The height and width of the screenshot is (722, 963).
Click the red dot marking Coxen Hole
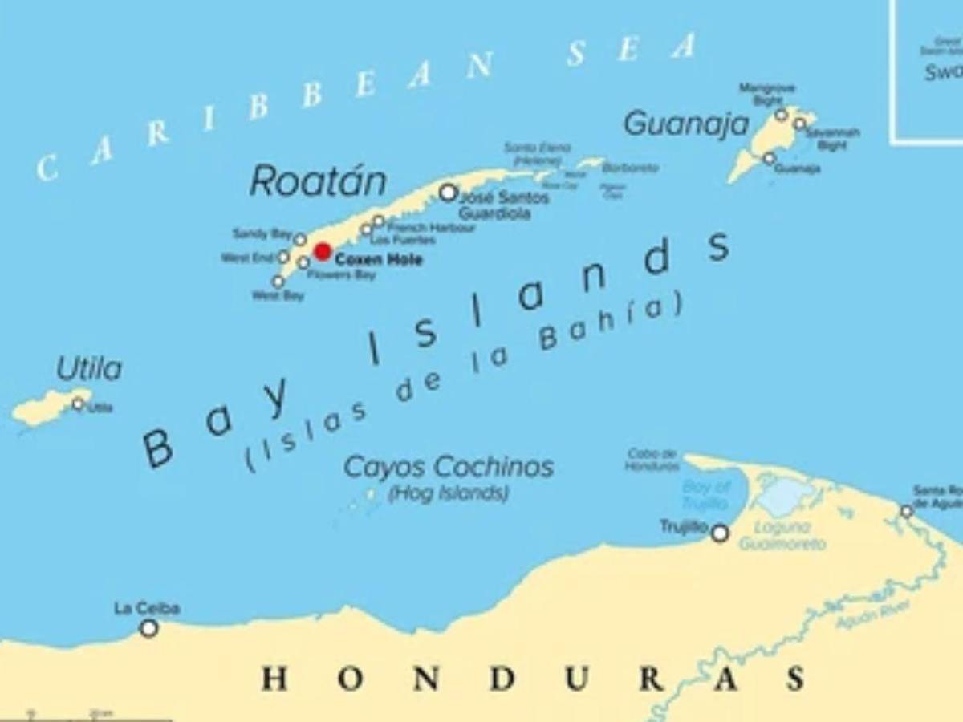(x=323, y=252)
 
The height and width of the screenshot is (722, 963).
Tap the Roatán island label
(x=318, y=182)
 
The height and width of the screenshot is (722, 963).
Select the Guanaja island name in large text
(x=685, y=124)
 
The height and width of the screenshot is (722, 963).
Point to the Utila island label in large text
(x=89, y=370)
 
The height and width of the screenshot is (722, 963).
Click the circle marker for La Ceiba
(x=148, y=628)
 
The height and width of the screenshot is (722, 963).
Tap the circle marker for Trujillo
(x=720, y=533)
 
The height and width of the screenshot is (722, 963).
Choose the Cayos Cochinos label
(x=449, y=467)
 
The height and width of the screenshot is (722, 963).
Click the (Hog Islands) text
(x=449, y=493)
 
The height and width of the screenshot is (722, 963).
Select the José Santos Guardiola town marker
(x=449, y=193)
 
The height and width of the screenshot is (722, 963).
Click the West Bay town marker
(x=278, y=282)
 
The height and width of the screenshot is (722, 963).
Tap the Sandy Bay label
(x=262, y=234)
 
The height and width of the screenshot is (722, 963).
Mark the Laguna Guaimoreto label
(x=782, y=536)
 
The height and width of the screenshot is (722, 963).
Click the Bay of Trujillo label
(x=706, y=495)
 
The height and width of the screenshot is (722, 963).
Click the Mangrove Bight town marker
(x=781, y=116)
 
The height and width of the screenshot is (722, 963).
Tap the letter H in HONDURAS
(x=274, y=679)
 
